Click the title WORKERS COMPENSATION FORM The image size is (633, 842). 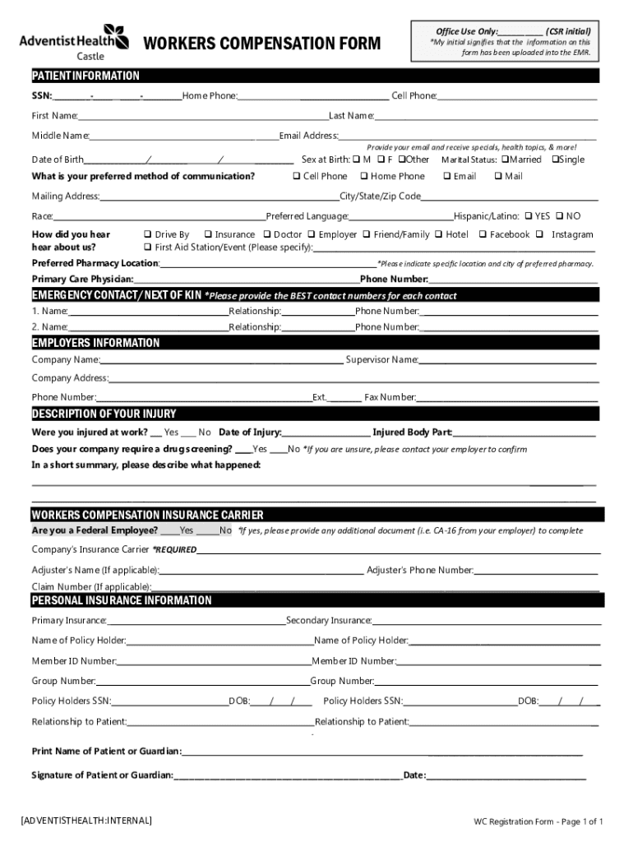[262, 43]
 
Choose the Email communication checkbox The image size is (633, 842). [446, 176]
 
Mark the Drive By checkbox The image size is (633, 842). [147, 234]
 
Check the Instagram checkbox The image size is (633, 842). [540, 234]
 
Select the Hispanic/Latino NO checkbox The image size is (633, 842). [559, 216]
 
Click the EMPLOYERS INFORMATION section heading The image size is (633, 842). [96, 343]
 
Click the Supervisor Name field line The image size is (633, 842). [508, 361]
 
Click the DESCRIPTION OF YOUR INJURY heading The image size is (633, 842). [104, 414]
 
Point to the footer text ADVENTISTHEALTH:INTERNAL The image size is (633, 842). [86, 821]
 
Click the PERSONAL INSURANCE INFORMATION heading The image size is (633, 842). [122, 601]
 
